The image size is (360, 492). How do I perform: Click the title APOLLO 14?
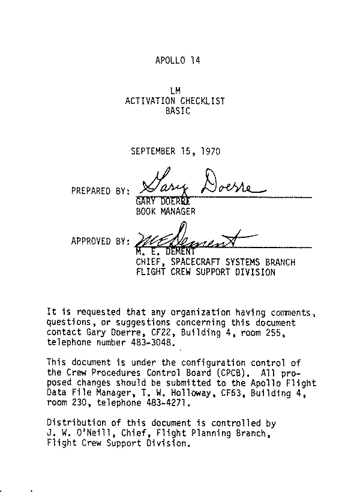coord(177,61)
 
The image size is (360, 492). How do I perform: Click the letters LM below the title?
coord(176,91)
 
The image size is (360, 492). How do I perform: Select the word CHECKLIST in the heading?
coord(202,101)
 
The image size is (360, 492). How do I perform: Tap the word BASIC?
coord(178,111)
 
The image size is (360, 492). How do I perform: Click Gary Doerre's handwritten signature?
coord(201,182)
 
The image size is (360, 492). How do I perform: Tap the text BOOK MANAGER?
coord(166,211)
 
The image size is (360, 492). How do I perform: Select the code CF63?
coord(219,393)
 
